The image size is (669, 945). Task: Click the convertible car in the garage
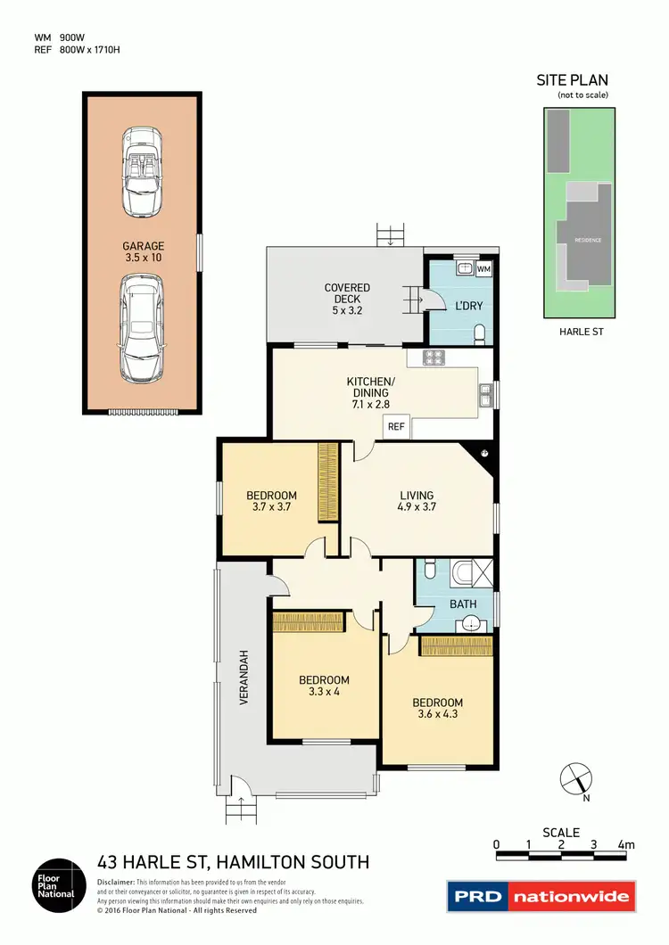click(x=143, y=172)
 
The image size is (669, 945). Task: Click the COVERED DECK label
click(x=347, y=293)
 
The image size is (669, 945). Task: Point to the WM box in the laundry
click(x=483, y=268)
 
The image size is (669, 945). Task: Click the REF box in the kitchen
click(x=396, y=427)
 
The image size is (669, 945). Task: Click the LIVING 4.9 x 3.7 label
click(x=417, y=502)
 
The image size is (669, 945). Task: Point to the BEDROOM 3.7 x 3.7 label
click(x=271, y=502)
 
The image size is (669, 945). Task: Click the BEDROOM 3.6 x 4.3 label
click(x=437, y=708)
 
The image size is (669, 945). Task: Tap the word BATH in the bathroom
click(x=462, y=604)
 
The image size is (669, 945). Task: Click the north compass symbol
click(x=575, y=779)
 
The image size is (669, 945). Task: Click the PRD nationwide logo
click(x=541, y=896)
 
